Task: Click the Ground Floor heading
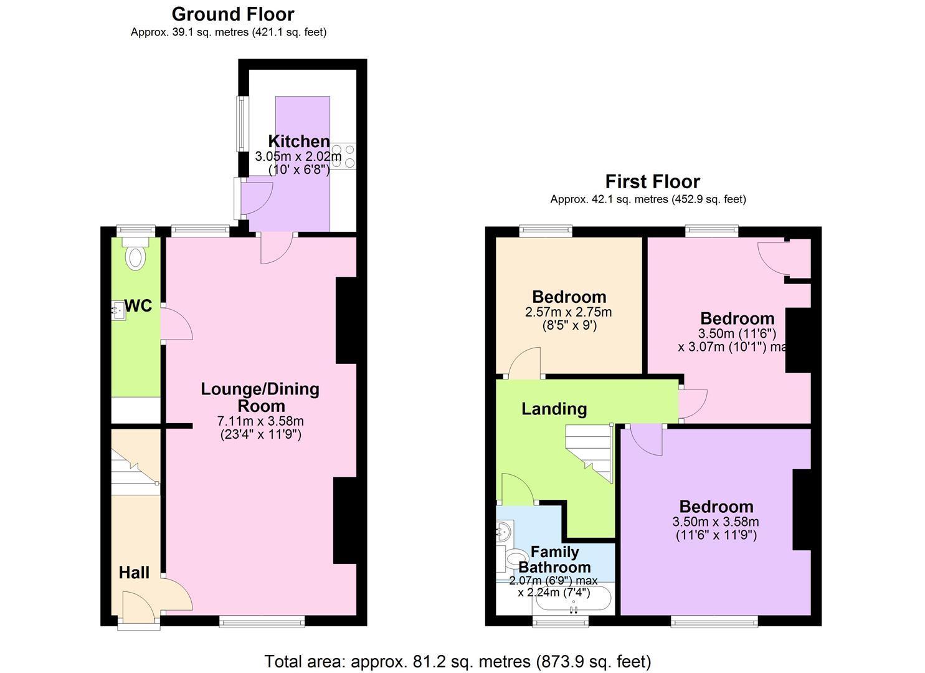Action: [233, 14]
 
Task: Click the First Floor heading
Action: [652, 181]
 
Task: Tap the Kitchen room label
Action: [298, 141]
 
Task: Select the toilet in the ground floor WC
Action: [135, 256]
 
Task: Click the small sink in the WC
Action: [118, 310]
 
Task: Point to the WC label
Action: [139, 306]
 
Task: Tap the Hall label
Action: [134, 573]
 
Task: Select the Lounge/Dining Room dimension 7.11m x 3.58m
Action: [261, 421]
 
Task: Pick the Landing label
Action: [554, 409]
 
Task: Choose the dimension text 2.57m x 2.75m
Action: [568, 312]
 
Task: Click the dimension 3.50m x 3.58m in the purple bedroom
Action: [716, 522]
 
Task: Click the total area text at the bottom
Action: [458, 661]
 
